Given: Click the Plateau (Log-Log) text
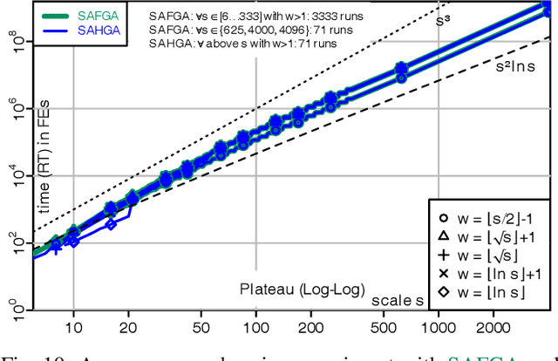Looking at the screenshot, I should [x=301, y=290].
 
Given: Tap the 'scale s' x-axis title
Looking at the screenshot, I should [x=399, y=299].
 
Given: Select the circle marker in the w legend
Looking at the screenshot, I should [x=444, y=215].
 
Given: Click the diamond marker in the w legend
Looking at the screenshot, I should [x=444, y=291].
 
